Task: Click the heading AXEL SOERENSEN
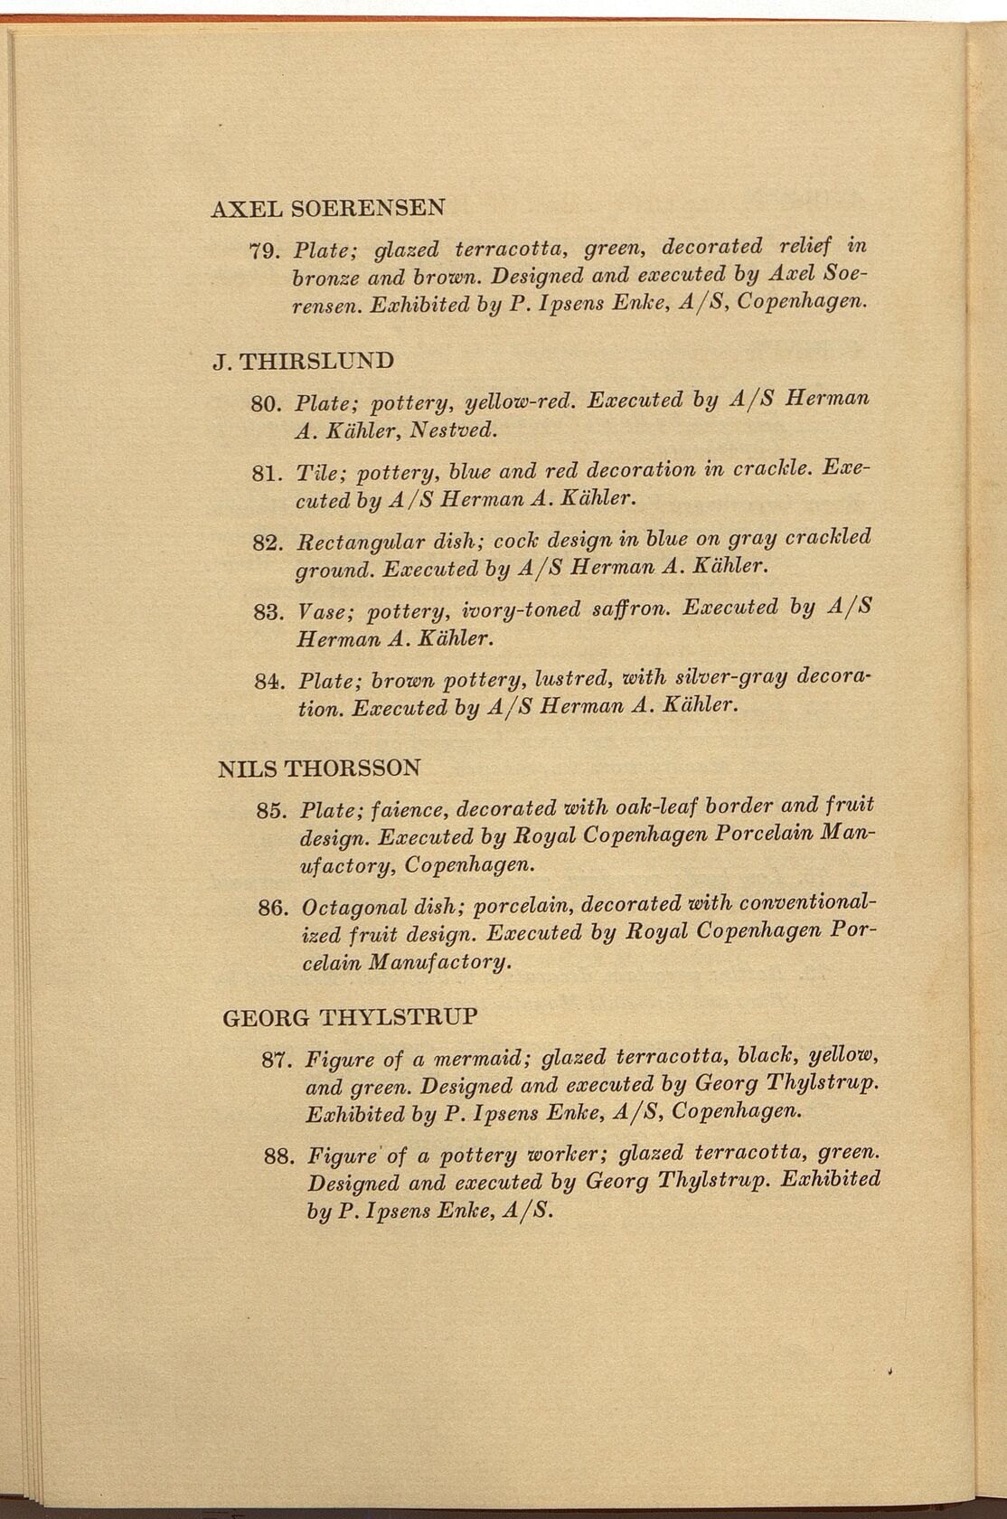click(x=327, y=207)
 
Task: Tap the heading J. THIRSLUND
click(x=303, y=361)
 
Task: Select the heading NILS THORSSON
click(x=320, y=769)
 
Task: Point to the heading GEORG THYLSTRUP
click(x=349, y=1017)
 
